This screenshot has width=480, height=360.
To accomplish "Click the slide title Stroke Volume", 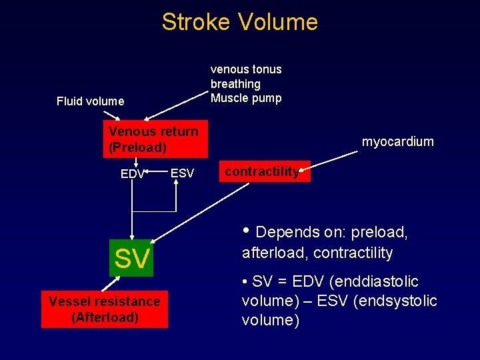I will [x=239, y=22].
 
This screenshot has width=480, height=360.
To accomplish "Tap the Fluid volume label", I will [x=90, y=101].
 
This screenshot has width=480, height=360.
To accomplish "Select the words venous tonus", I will [x=246, y=69].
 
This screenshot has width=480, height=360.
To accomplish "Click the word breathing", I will [x=235, y=84].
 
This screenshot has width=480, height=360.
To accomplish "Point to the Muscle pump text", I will [x=246, y=98].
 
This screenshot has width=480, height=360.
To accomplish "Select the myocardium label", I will [x=397, y=141].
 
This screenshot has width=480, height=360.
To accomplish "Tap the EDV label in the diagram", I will [x=132, y=174].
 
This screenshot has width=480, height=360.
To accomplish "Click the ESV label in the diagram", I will [x=182, y=173].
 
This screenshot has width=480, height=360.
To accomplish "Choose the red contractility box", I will [x=264, y=172].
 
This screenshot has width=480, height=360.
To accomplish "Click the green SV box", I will [x=132, y=258].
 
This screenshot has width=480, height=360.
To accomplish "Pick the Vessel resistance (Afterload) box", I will [x=105, y=309].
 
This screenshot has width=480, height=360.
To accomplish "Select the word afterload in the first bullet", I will [x=273, y=253].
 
